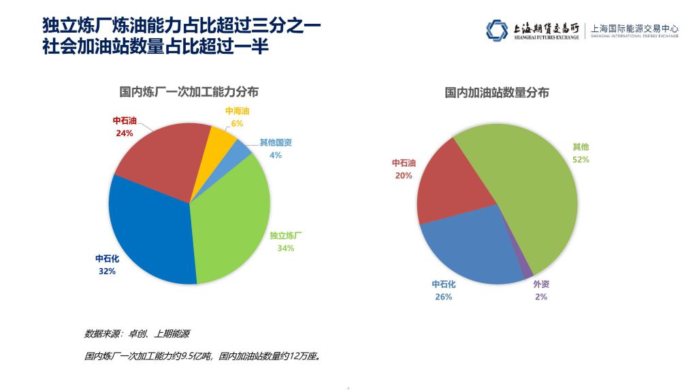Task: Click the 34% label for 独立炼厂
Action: click(x=286, y=248)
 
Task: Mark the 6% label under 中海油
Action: click(x=237, y=123)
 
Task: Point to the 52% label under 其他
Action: click(x=581, y=160)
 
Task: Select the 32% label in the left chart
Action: click(x=107, y=271)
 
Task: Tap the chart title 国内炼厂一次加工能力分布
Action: click(x=189, y=91)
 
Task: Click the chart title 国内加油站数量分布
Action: click(x=497, y=92)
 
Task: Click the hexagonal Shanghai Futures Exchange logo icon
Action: click(x=497, y=30)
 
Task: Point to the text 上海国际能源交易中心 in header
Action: click(x=635, y=29)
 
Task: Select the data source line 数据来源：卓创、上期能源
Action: click(x=137, y=334)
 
